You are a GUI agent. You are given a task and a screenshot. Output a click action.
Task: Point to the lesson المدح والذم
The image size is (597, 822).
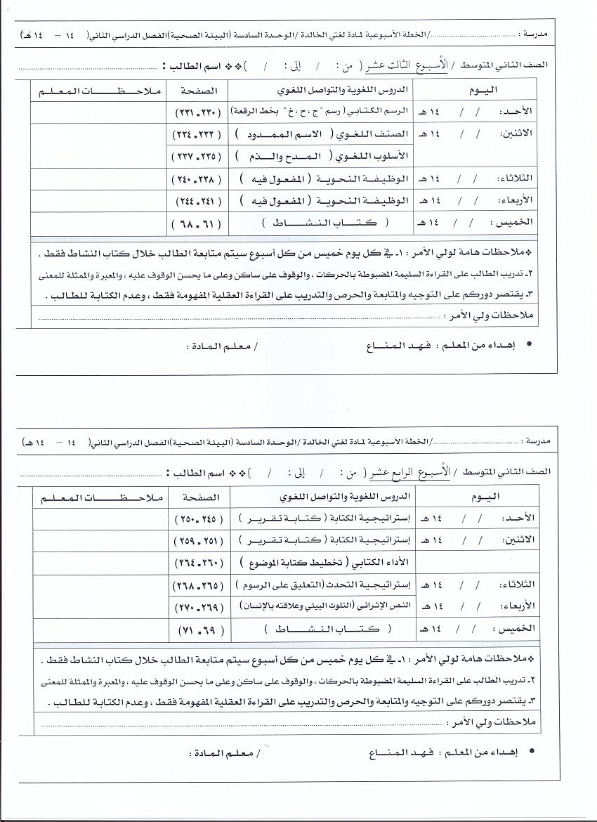300,157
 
